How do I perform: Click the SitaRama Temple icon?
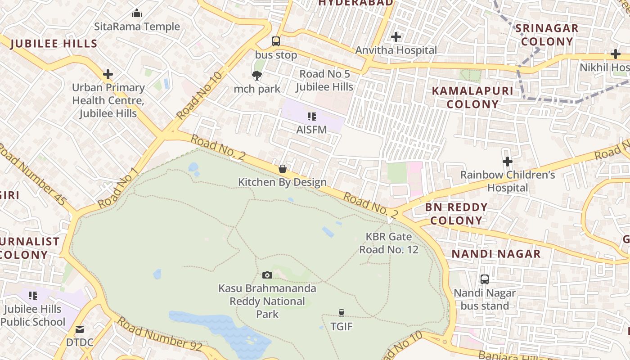[x=137, y=13]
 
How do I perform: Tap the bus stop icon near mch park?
[x=276, y=41]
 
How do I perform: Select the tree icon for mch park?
[x=257, y=75]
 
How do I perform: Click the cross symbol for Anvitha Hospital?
[x=396, y=36]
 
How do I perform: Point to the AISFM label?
[x=311, y=129]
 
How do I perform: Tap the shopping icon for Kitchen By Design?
[x=283, y=169]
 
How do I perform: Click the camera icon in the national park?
[x=267, y=275]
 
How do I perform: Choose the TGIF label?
[x=342, y=326]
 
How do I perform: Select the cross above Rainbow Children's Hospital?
[x=508, y=161]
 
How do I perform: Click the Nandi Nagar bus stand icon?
[x=485, y=279]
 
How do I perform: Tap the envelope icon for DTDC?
[x=80, y=329]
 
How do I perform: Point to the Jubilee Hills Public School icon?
[x=33, y=296]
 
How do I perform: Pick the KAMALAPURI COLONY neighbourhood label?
[x=472, y=97]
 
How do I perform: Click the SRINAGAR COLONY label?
[x=546, y=35]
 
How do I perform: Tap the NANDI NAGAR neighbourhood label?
[x=496, y=254]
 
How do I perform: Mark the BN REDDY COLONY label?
[x=456, y=214]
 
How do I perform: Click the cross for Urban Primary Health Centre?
[x=108, y=74]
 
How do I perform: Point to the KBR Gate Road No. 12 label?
[x=389, y=243]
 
